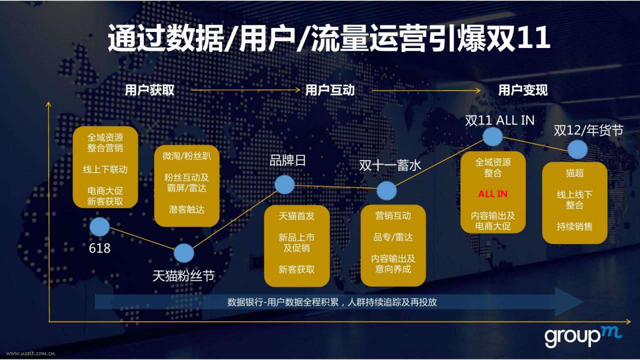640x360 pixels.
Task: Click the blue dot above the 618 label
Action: coord(99,227)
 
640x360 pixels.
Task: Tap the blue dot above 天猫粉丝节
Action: coord(183,253)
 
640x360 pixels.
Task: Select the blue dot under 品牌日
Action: coord(284,185)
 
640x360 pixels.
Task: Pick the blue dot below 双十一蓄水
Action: coord(386,190)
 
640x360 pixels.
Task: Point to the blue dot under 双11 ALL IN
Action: coord(493,136)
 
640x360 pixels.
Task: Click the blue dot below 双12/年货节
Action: coord(577,149)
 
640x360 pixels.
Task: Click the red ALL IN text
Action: coord(493,194)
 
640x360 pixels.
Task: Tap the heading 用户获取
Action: coord(149,90)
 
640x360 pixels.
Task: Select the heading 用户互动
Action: coord(330,90)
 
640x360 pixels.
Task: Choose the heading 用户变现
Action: coord(523,90)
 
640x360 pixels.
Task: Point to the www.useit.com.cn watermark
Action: coord(30,353)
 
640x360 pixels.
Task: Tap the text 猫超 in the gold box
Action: coord(574,173)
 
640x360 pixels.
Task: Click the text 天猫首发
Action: coord(296,215)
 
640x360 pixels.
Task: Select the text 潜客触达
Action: coord(186,209)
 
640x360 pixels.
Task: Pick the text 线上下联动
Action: coord(105,169)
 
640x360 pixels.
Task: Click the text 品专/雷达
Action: coord(393,237)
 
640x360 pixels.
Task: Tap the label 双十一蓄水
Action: coord(390,165)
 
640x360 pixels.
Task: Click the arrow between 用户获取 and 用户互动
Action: coord(245,90)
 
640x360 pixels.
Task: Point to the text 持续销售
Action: coord(574,226)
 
